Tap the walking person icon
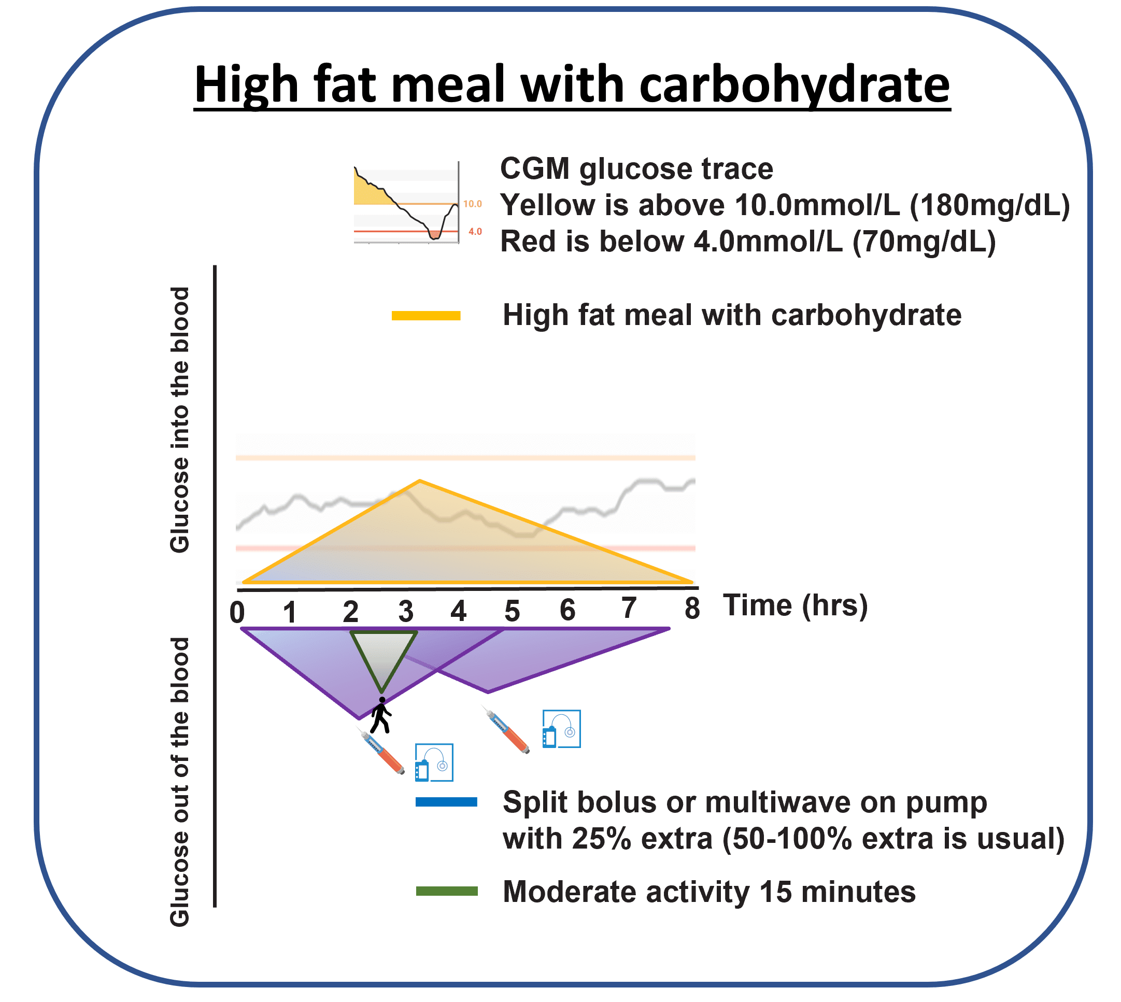tap(381, 715)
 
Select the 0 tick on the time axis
tap(237, 612)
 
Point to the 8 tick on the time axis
tap(692, 609)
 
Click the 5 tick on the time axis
tap(512, 611)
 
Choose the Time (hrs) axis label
tap(794, 605)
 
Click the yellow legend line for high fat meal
tap(425, 316)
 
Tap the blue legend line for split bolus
tap(446, 802)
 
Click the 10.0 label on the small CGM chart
tap(472, 204)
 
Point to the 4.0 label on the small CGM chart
tap(475, 232)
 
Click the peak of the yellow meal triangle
tap(419, 482)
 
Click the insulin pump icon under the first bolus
tap(434, 763)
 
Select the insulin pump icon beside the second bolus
tap(561, 729)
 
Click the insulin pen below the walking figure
tap(382, 752)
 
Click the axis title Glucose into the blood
tap(180, 419)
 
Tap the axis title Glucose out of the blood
tap(180, 782)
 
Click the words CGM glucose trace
tap(636, 168)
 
